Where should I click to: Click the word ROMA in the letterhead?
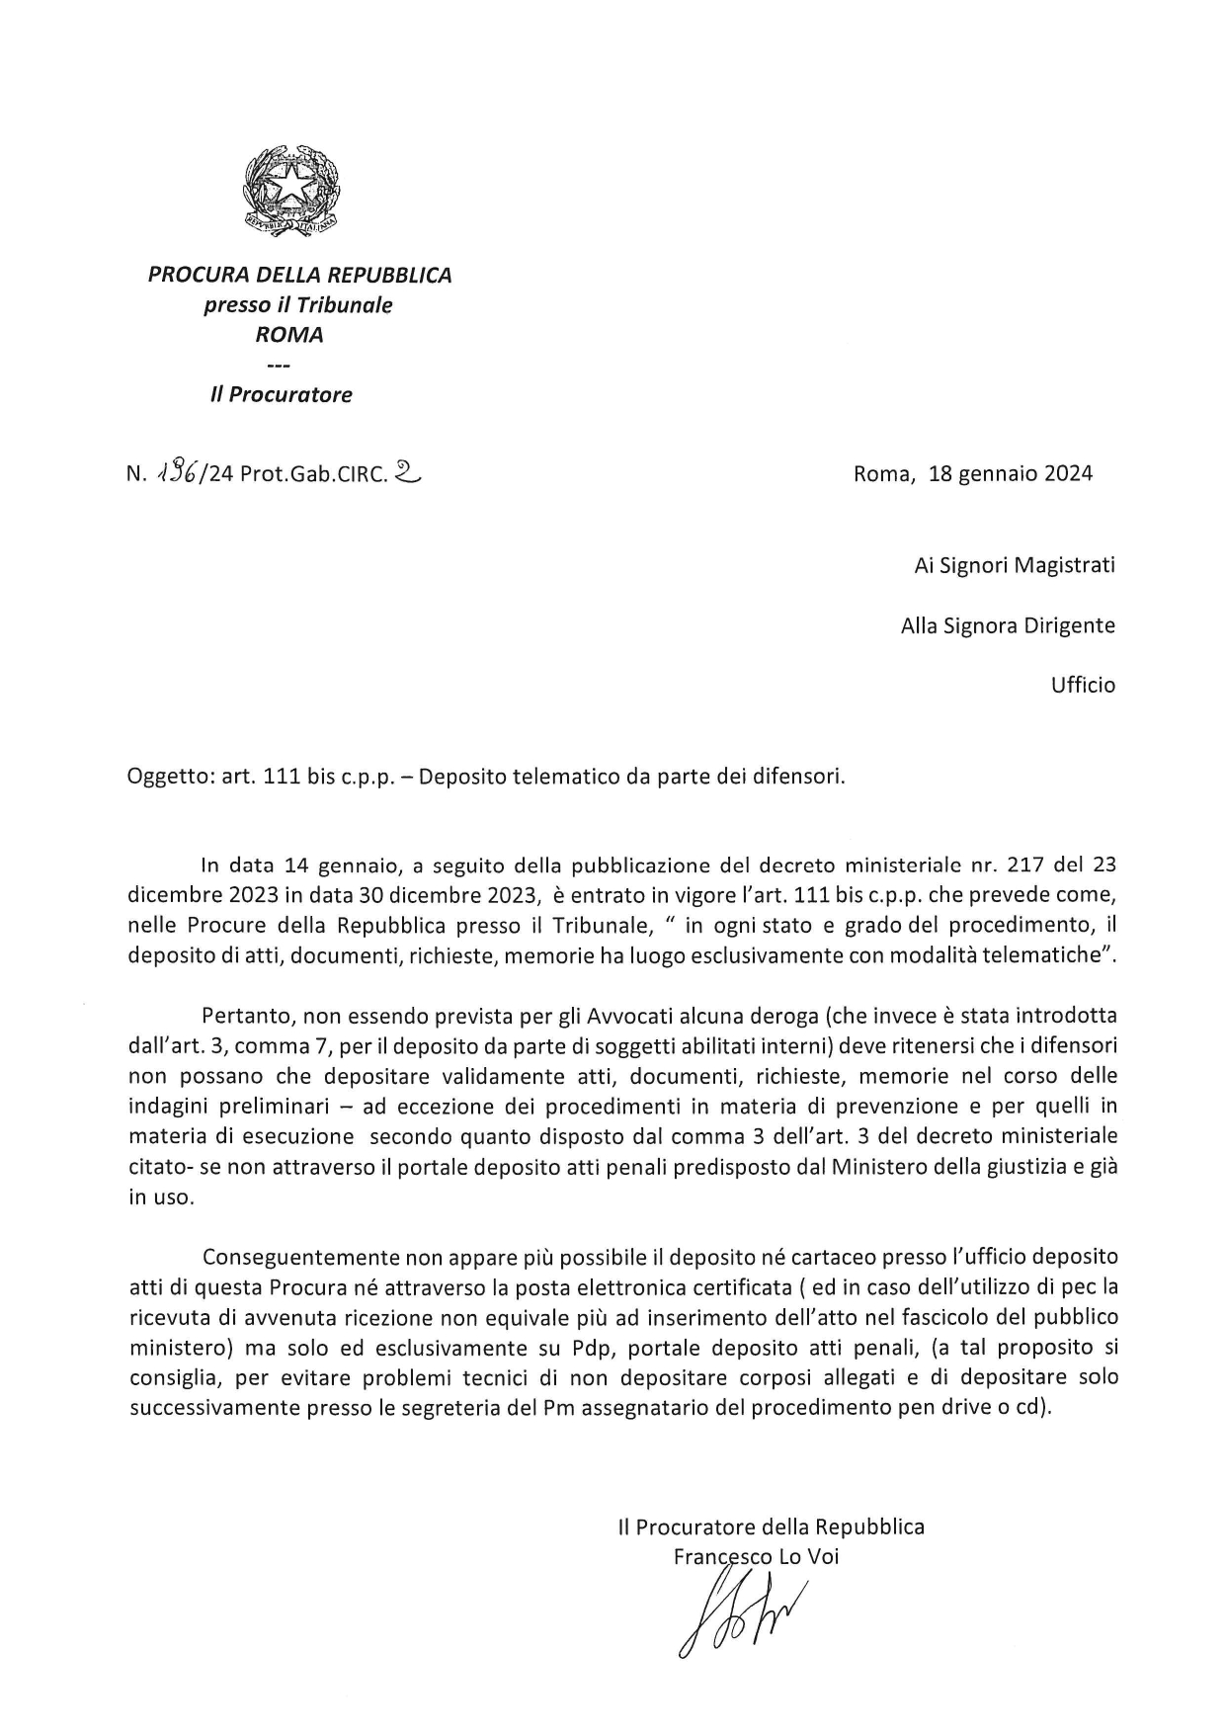(289, 335)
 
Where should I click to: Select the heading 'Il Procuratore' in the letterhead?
(281, 395)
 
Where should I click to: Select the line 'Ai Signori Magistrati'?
(1014, 566)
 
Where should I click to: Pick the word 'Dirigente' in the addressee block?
(1069, 625)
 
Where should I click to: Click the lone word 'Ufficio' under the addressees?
(1083, 685)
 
